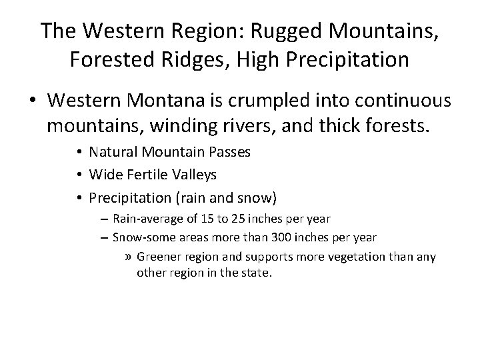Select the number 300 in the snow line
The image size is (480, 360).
tap(262, 237)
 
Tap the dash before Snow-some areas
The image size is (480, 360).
tap(105, 237)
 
